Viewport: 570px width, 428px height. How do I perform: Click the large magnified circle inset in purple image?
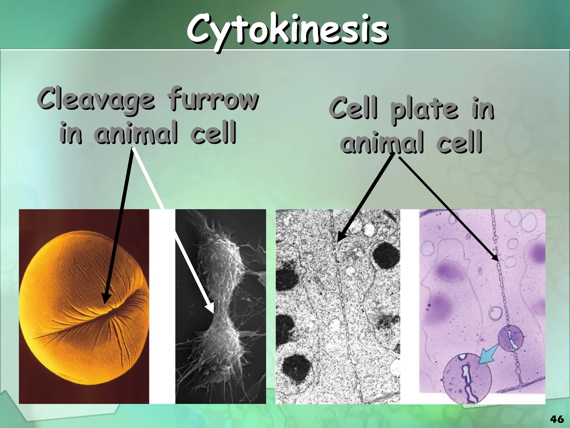[467, 378]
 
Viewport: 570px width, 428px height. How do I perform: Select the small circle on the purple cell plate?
[510, 339]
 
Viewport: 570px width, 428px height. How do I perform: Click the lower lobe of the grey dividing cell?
[220, 348]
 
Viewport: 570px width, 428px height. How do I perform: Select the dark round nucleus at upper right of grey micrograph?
[386, 255]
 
